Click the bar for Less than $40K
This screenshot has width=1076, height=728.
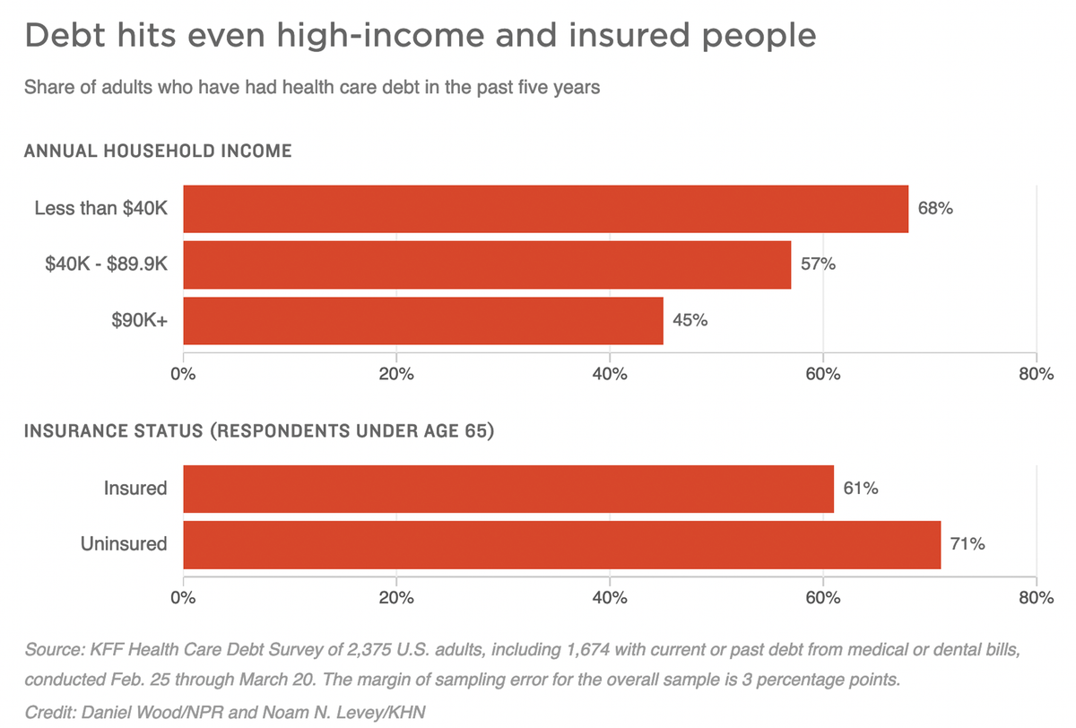545,209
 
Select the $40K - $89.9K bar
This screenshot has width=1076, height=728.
487,264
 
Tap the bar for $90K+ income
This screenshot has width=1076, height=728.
423,320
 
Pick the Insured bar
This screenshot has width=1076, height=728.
508,489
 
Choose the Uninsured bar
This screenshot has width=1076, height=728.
562,544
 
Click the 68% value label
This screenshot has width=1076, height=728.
935,209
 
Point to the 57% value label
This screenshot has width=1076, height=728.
818,264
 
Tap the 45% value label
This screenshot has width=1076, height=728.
690,320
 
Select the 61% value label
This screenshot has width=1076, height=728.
861,489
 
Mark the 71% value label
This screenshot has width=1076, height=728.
968,544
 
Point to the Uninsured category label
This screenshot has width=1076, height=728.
125,544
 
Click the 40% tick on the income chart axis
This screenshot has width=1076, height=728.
610,374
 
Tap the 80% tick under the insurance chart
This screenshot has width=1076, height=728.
1036,598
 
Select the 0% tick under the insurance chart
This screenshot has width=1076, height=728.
183,598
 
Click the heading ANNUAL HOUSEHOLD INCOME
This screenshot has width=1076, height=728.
158,152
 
